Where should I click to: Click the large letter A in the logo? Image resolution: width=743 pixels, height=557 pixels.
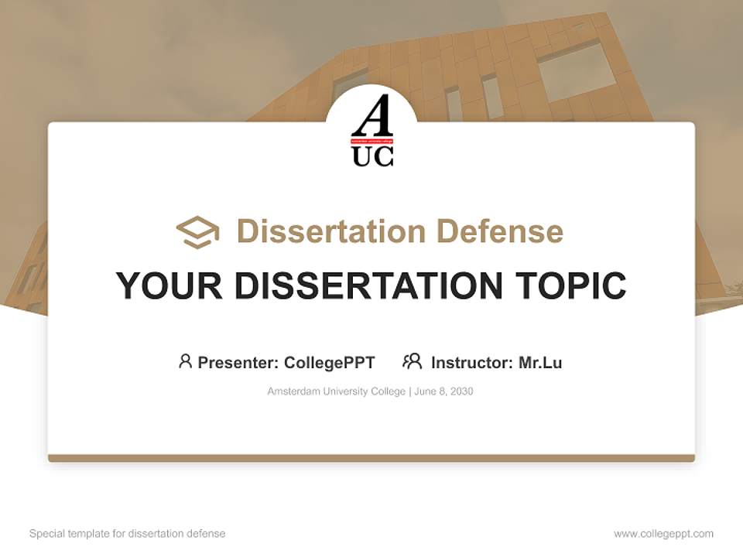pyautogui.click(x=371, y=118)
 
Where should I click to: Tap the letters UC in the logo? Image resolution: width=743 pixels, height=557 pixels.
pyautogui.click(x=372, y=156)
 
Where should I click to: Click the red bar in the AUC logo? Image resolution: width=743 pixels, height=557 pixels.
pyautogui.click(x=372, y=142)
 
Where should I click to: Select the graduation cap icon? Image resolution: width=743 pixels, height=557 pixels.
pyautogui.click(x=197, y=231)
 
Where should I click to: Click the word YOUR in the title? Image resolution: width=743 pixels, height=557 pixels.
pyautogui.click(x=169, y=285)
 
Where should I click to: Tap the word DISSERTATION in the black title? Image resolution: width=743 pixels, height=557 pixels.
pyautogui.click(x=364, y=285)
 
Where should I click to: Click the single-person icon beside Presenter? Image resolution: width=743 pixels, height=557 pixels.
pyautogui.click(x=185, y=361)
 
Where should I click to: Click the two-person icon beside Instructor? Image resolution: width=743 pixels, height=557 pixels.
pyautogui.click(x=412, y=361)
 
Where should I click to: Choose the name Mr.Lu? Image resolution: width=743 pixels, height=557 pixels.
pyautogui.click(x=540, y=362)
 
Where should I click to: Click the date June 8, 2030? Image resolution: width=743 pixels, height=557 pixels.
pyautogui.click(x=443, y=391)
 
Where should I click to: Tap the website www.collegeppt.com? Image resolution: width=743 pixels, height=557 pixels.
pyautogui.click(x=663, y=534)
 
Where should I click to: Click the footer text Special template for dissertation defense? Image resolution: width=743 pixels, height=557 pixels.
pyautogui.click(x=128, y=534)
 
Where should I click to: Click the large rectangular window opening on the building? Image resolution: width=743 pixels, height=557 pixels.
pyautogui.click(x=577, y=71)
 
